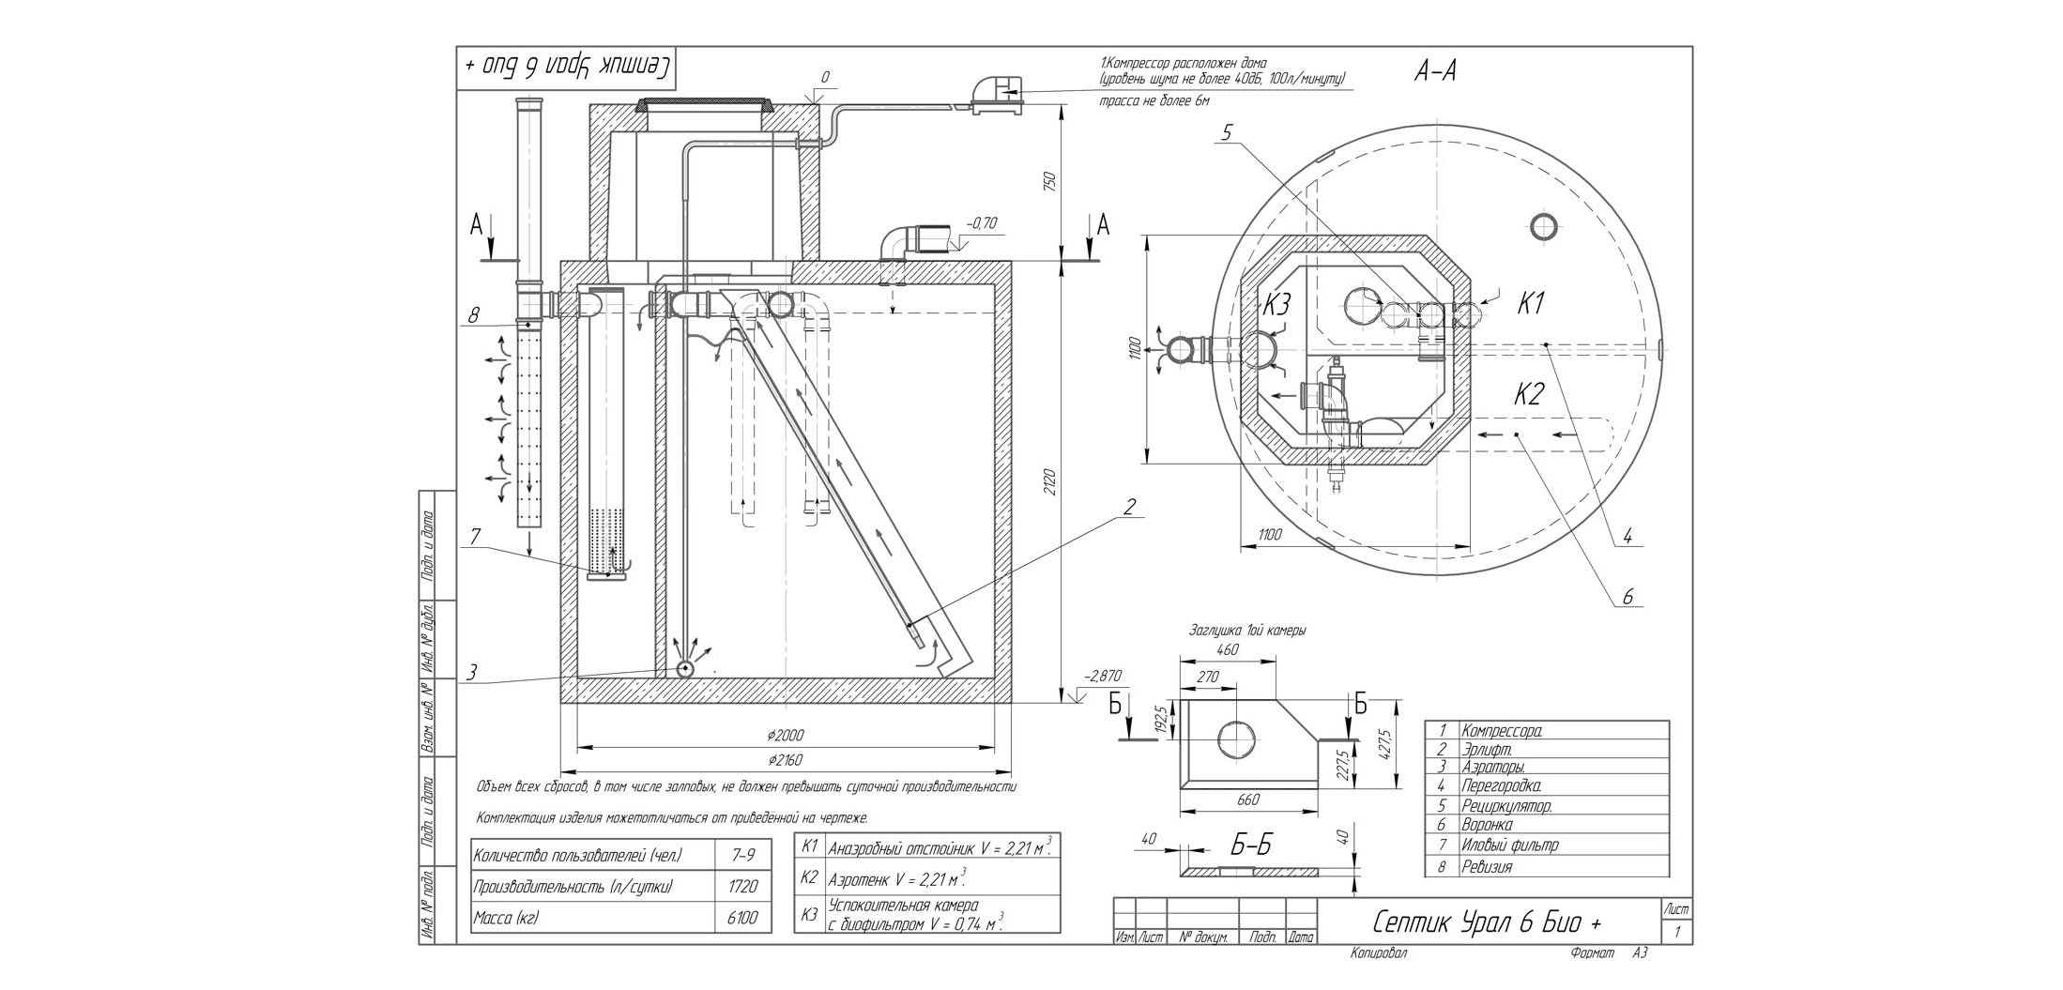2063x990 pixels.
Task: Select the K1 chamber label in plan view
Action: [1530, 303]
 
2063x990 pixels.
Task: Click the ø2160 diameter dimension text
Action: [785, 759]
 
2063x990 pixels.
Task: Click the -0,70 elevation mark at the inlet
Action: [982, 223]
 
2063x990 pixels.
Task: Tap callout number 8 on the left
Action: [472, 315]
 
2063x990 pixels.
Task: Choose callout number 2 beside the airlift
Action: [1129, 507]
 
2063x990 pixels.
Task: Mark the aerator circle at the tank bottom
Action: [684, 669]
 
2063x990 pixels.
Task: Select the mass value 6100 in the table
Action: [741, 918]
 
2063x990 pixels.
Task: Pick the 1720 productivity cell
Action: [741, 886]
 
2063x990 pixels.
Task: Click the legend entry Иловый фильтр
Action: [1509, 845]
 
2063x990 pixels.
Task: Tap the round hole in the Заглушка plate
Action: [1236, 739]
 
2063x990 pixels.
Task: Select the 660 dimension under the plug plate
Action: [1247, 800]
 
